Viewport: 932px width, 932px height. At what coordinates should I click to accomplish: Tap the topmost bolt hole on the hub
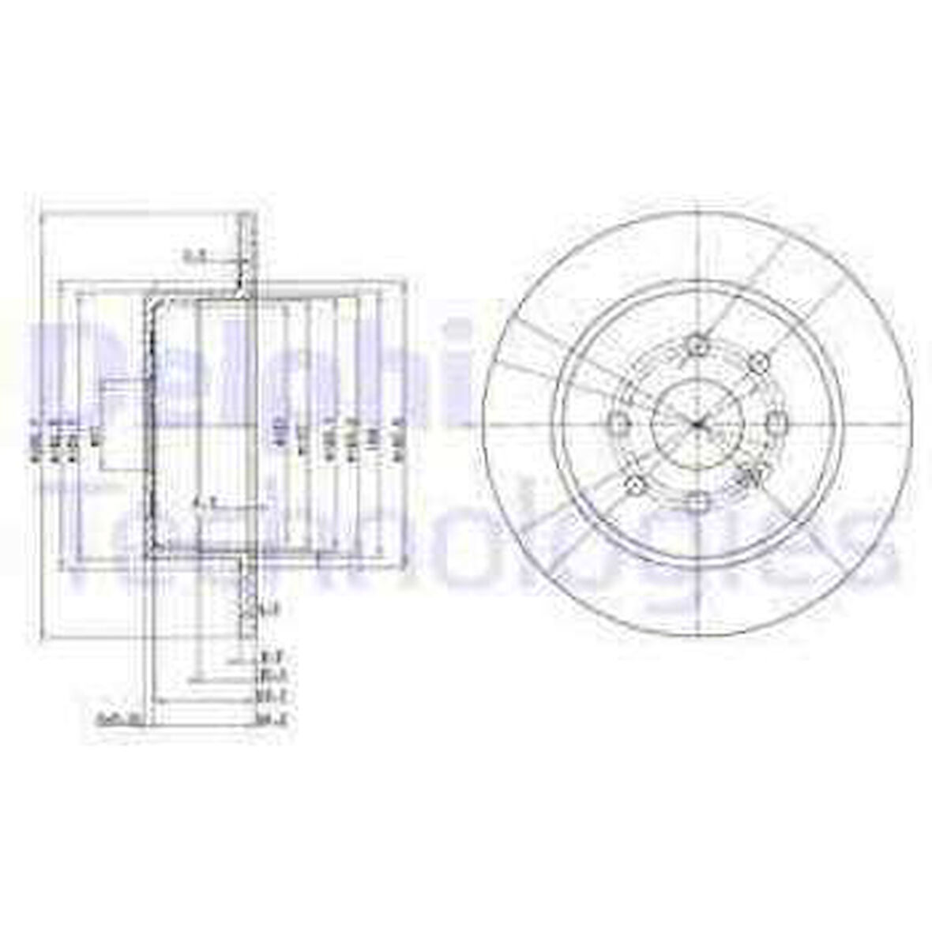click(696, 344)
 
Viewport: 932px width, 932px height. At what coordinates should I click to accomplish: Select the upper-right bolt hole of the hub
click(758, 363)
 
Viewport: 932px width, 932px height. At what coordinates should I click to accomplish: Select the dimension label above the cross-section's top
click(194, 256)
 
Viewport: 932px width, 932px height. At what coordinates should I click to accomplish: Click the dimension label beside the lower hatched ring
click(270, 609)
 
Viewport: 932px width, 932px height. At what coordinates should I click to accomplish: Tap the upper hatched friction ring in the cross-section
click(246, 253)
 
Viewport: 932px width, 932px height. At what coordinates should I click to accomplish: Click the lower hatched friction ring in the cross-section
click(246, 600)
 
